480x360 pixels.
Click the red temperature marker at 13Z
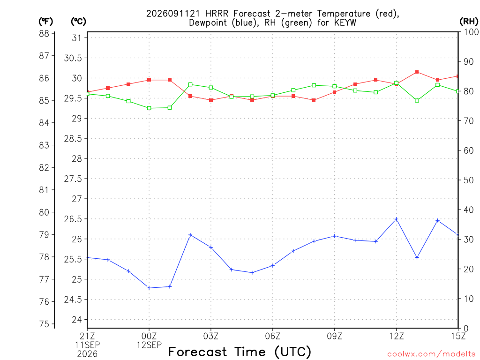point(417,72)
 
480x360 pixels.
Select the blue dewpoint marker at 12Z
point(397,219)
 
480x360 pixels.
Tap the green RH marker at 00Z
point(149,108)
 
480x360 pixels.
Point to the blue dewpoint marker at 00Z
point(149,288)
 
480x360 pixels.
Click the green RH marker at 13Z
point(417,100)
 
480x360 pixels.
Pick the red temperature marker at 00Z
point(149,80)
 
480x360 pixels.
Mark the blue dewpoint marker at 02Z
point(190,235)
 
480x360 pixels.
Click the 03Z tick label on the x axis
point(211,336)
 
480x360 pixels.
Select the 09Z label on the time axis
point(334,336)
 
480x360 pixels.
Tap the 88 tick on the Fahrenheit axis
point(44,33)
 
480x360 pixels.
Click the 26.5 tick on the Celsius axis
point(73,219)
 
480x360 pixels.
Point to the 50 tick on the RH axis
point(469,180)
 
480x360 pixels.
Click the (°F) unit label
point(45,22)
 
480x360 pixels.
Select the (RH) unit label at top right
point(469,21)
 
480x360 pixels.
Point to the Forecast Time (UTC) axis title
point(240,352)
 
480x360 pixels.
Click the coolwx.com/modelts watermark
point(431,354)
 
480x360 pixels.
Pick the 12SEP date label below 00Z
point(149,345)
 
